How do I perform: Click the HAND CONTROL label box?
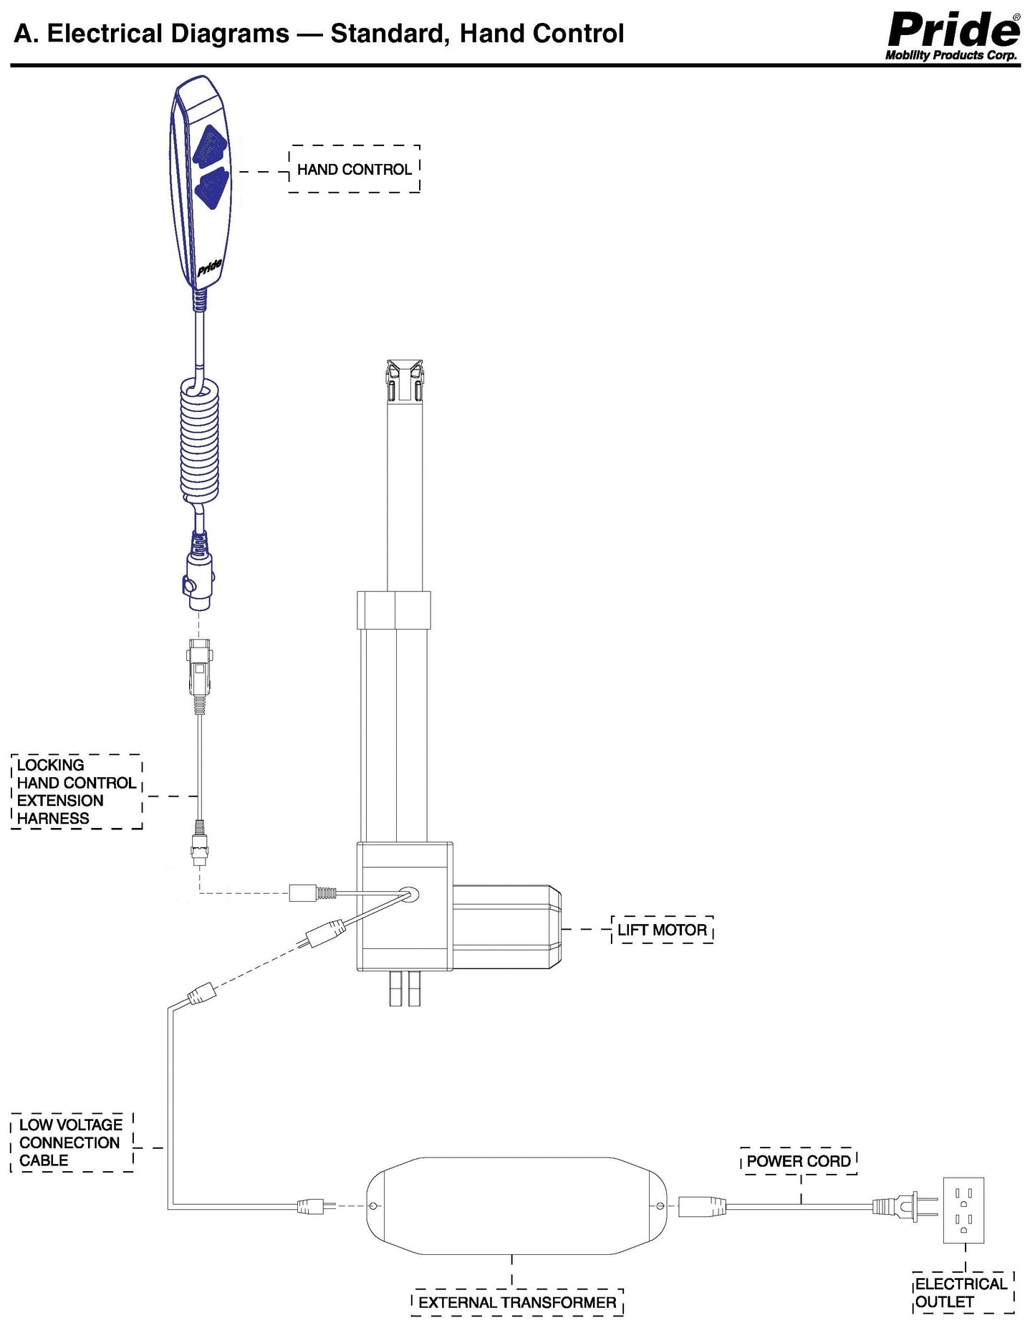354,169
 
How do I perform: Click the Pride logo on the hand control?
210,267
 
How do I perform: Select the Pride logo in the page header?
953,34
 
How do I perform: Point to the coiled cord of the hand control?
198,441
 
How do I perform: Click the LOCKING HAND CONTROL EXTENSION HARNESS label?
77,791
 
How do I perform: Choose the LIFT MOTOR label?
662,930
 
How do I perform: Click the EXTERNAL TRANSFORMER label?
517,1301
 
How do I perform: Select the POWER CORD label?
799,1161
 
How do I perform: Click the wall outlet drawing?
963,1209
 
